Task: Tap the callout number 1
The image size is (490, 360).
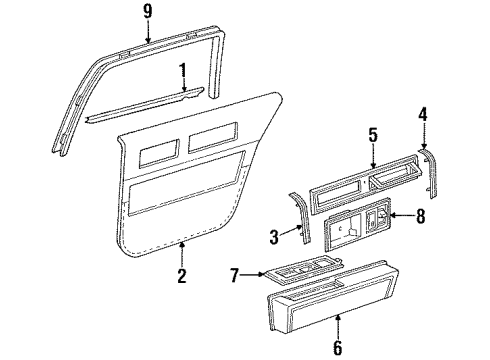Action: [x=182, y=71]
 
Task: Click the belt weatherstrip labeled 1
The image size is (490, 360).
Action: [x=150, y=104]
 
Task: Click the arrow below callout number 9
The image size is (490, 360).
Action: [x=148, y=34]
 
